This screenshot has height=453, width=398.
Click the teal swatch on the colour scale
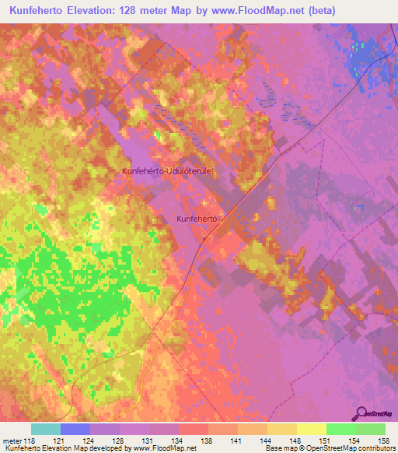[x=45, y=429]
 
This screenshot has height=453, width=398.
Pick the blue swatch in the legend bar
[x=75, y=429]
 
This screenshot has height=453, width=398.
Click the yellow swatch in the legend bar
[x=311, y=429]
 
